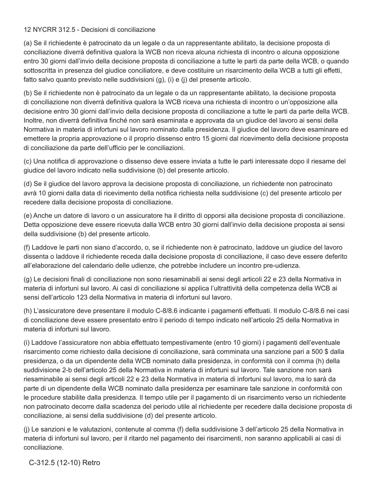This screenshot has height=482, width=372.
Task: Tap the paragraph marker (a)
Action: coord(28,43)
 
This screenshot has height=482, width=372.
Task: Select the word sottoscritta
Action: coord(40,70)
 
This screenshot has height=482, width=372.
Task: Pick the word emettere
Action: coord(36,139)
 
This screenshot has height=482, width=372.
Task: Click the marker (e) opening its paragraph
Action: coord(28,216)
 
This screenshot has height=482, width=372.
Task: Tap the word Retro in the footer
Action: coord(91,463)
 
